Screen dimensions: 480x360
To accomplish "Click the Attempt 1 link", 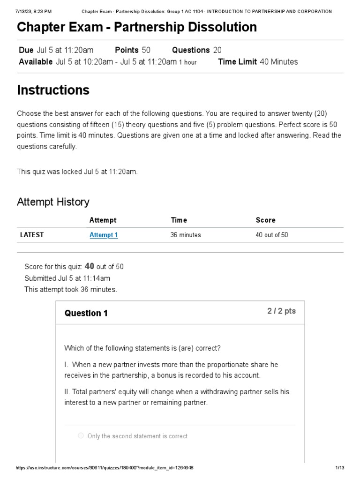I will point(104,235).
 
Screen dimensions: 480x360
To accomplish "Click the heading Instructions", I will point(53,90).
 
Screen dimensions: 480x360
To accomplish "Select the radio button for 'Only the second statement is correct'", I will point(81,436).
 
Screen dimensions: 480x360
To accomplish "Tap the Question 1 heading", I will point(86,313).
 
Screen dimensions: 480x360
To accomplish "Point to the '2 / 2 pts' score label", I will point(281,311).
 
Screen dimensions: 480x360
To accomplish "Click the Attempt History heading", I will point(53,202).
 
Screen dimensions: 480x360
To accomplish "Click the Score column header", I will point(265,220).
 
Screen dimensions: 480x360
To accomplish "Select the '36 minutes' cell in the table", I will point(185,235).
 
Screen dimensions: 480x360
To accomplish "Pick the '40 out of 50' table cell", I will point(271,235).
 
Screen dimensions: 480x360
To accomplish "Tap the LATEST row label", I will point(32,235).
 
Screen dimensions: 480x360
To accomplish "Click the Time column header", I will point(179,220).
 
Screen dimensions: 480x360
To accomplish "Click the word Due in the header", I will point(26,50).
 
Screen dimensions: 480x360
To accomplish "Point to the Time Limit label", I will point(237,61).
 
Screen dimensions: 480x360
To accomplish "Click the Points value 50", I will point(146,50).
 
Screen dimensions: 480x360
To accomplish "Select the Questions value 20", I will point(217,50).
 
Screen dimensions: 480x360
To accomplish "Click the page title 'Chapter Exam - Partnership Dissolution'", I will point(137,27).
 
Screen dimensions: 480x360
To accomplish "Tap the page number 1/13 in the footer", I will point(340,468).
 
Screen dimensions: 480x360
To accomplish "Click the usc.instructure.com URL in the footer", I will point(105,468).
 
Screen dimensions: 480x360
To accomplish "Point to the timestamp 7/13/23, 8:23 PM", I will point(33,11).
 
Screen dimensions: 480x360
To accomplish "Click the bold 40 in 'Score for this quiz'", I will point(90,266).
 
